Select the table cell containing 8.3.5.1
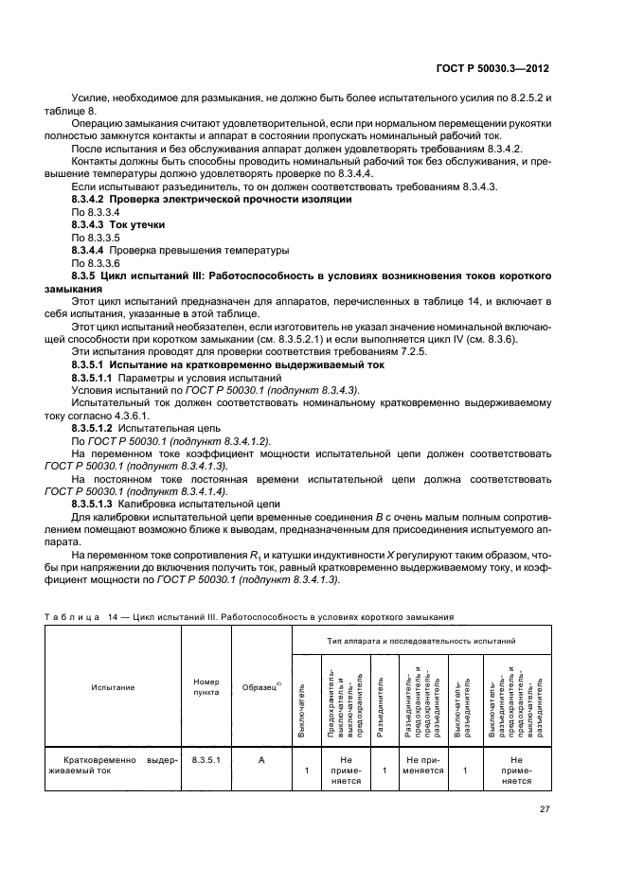click(206, 758)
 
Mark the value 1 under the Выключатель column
click(307, 771)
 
